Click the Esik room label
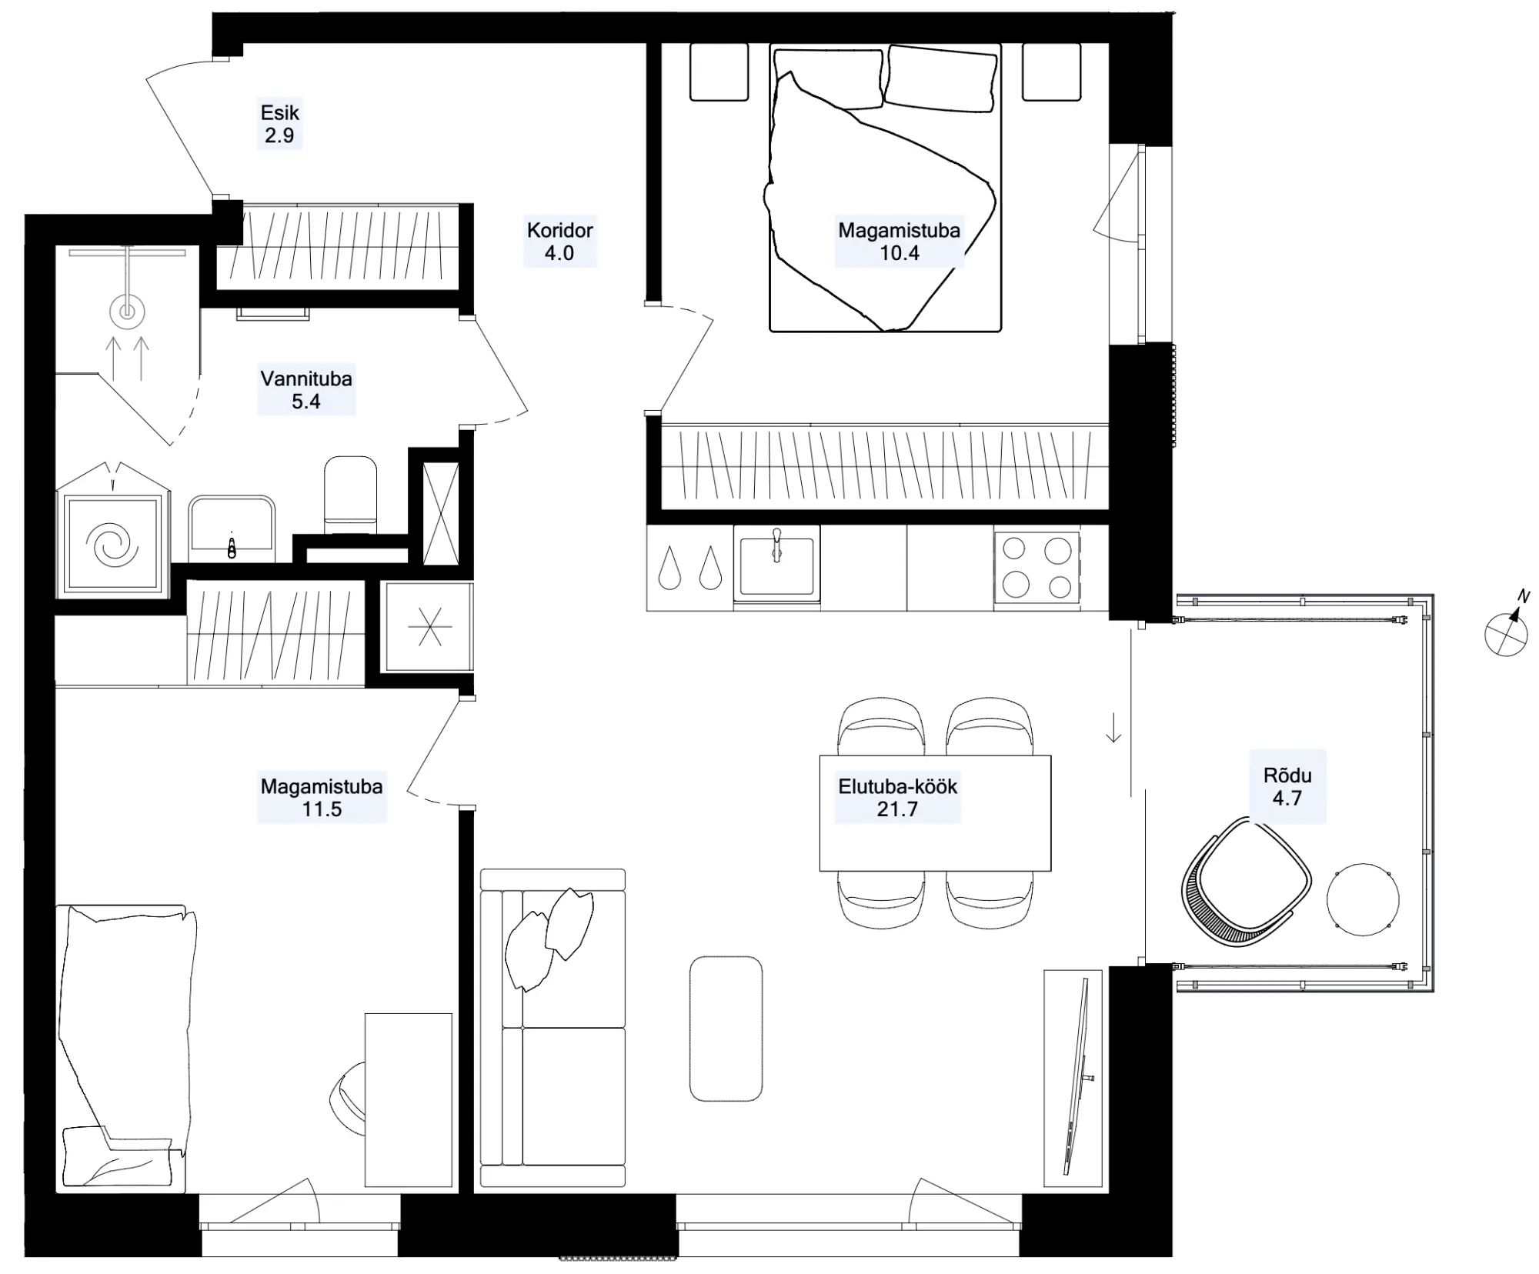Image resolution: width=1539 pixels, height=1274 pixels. [x=279, y=112]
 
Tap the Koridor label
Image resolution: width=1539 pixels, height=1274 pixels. [x=559, y=230]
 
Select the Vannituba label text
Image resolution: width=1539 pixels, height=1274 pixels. [x=306, y=379]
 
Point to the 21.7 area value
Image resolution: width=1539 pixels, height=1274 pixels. [x=897, y=809]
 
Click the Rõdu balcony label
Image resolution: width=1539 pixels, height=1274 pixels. [x=1287, y=775]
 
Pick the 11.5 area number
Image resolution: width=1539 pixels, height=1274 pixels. [x=322, y=809]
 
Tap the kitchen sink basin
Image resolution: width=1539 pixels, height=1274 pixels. [x=776, y=566]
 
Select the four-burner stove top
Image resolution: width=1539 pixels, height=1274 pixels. [x=1037, y=568]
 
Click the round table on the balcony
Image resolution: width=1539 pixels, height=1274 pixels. [x=1363, y=899]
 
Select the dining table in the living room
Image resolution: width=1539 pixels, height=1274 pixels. [x=935, y=813]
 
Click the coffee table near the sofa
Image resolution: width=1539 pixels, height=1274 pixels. [x=726, y=1029]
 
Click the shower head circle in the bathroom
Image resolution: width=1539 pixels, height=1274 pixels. [x=127, y=312]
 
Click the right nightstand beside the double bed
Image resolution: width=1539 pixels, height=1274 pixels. [x=1051, y=72]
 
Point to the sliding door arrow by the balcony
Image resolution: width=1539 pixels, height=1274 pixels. [x=1113, y=728]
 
